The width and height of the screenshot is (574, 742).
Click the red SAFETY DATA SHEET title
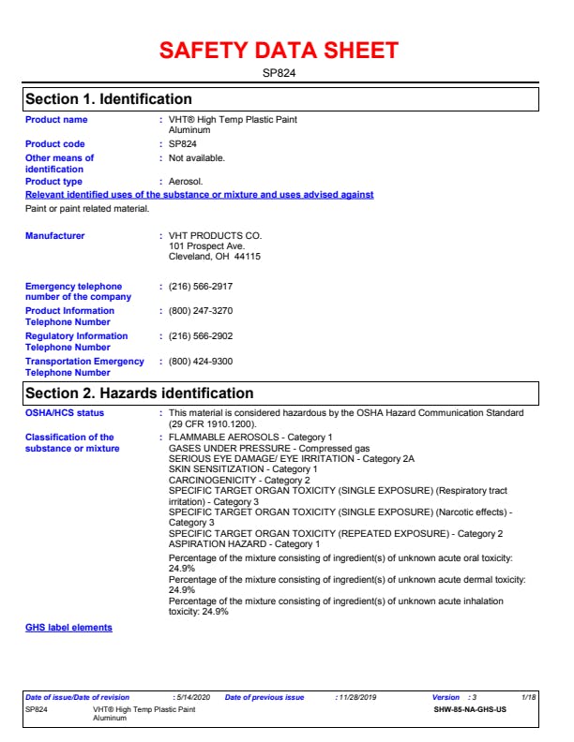[279, 51]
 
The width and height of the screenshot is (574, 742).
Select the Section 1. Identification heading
[109, 99]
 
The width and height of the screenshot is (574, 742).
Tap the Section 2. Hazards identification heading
[139, 393]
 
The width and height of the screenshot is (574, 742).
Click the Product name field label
[56, 120]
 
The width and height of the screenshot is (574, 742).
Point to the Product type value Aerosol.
[185, 182]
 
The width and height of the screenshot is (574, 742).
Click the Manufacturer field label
[54, 236]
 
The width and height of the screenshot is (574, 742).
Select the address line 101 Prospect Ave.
[206, 246]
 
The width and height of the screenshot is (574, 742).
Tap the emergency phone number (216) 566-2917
[200, 287]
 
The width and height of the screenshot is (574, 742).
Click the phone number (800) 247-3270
[200, 311]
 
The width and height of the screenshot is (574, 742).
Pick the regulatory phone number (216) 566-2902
[200, 336]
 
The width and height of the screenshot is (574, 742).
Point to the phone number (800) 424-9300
[200, 362]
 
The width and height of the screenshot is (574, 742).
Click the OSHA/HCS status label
[65, 413]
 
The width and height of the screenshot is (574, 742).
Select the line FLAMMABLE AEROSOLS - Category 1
[249, 438]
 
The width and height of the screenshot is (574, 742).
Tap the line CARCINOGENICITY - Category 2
[238, 481]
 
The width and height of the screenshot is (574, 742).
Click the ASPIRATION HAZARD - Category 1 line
[244, 544]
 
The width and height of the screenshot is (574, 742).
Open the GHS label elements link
[68, 628]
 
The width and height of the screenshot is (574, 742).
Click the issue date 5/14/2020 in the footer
[192, 698]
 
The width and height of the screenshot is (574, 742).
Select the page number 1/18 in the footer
[529, 698]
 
